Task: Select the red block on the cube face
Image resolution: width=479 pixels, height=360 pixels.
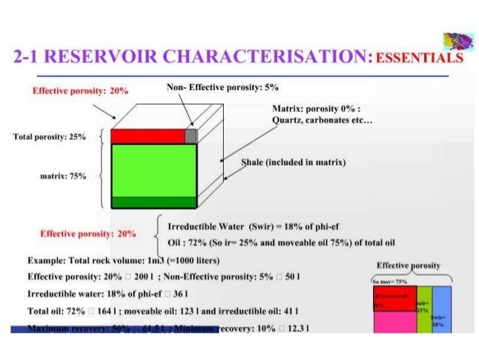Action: click(x=147, y=136)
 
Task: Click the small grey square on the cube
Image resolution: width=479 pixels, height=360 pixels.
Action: click(x=191, y=136)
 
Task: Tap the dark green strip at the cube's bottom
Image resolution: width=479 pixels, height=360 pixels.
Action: click(x=153, y=201)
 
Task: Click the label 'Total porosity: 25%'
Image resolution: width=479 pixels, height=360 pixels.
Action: click(x=50, y=138)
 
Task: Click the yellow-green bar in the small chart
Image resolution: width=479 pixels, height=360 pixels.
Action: click(x=424, y=310)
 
